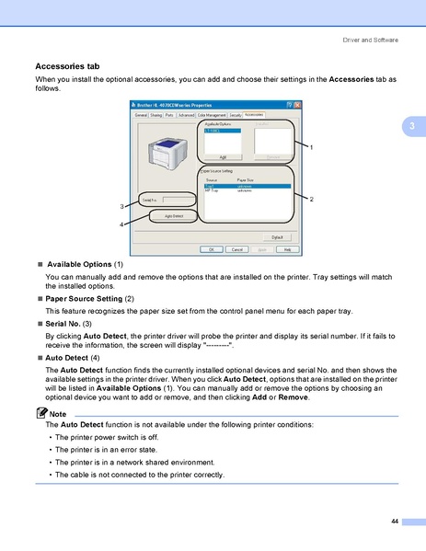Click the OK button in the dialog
[x=211, y=249]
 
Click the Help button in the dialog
[x=286, y=249]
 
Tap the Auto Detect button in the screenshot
[x=172, y=215]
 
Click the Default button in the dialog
[x=277, y=236]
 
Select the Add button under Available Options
[x=223, y=157]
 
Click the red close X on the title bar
[x=294, y=106]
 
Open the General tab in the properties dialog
[x=141, y=115]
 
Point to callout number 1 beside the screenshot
[x=311, y=147]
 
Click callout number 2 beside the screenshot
[x=311, y=200]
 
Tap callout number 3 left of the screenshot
[x=121, y=205]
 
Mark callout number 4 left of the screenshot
[x=121, y=224]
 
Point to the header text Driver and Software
[x=370, y=40]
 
